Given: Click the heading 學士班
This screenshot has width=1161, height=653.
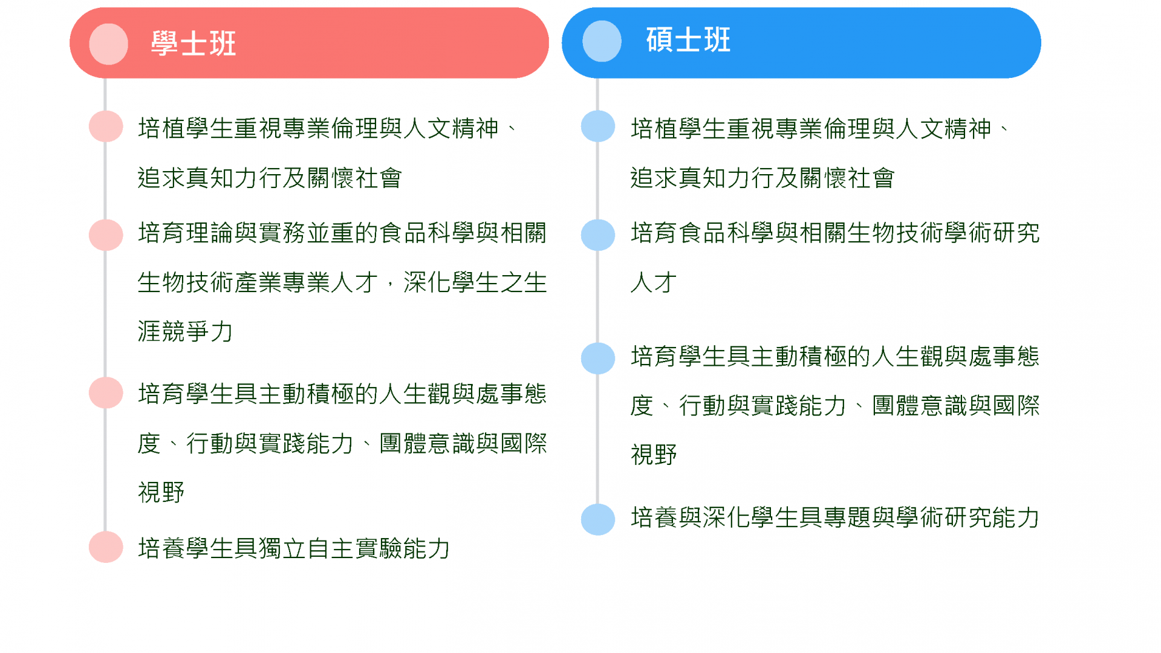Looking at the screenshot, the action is [193, 44].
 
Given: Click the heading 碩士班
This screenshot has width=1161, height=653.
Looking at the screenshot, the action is [688, 40].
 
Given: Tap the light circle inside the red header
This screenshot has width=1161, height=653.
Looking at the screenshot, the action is [109, 44].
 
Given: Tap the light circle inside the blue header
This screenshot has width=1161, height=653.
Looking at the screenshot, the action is [602, 41].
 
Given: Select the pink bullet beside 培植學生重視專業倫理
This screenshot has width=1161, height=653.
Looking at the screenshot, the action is [106, 126].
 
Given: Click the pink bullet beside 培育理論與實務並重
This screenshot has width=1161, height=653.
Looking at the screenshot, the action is [106, 235].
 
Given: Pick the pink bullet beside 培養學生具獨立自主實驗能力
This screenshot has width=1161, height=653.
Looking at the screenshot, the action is [106, 547].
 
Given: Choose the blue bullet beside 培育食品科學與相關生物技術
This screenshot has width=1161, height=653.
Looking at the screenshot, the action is [598, 235].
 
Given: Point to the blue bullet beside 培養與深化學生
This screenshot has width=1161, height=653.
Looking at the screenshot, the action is [598, 519].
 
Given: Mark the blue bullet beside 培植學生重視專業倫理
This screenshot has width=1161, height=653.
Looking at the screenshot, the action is [598, 126].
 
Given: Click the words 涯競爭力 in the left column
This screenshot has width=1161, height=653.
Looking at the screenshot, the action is [185, 331].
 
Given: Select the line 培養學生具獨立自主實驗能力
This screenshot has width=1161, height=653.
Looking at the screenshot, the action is [294, 548].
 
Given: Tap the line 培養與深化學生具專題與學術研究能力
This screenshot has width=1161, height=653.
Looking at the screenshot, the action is [835, 518].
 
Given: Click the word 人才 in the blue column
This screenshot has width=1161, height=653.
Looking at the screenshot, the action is [654, 282].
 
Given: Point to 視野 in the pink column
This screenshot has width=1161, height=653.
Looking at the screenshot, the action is [161, 492].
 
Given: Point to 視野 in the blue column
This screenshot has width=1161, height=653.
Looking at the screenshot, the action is [654, 455].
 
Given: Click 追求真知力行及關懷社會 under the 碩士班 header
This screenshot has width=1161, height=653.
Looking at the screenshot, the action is [763, 178].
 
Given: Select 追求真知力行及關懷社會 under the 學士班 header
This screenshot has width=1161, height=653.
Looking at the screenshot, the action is [270, 178].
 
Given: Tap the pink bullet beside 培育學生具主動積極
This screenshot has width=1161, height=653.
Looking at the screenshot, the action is [106, 393].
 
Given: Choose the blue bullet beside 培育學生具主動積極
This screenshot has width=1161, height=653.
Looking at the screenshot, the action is [598, 359].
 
